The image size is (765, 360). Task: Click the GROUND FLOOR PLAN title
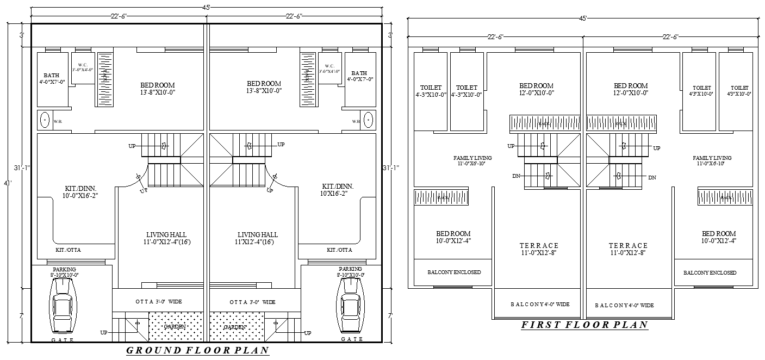coord(198,350)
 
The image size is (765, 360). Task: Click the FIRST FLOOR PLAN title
coord(584,325)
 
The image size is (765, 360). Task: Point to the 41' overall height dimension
coord(8,184)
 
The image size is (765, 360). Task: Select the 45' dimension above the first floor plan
coord(583,18)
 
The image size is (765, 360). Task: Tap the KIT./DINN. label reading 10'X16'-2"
coord(334,190)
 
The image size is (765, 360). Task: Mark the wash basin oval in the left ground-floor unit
coord(43,119)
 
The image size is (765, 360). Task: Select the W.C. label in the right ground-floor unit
coord(329,68)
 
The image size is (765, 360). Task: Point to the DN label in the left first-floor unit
coord(516,176)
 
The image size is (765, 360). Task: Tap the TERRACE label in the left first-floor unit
coord(538,249)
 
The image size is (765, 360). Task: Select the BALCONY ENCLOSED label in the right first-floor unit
coord(710,272)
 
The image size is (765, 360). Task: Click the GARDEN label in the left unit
coord(175,327)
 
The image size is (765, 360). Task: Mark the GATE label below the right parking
coord(352,339)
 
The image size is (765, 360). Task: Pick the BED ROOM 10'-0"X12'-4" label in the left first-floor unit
coord(453,237)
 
